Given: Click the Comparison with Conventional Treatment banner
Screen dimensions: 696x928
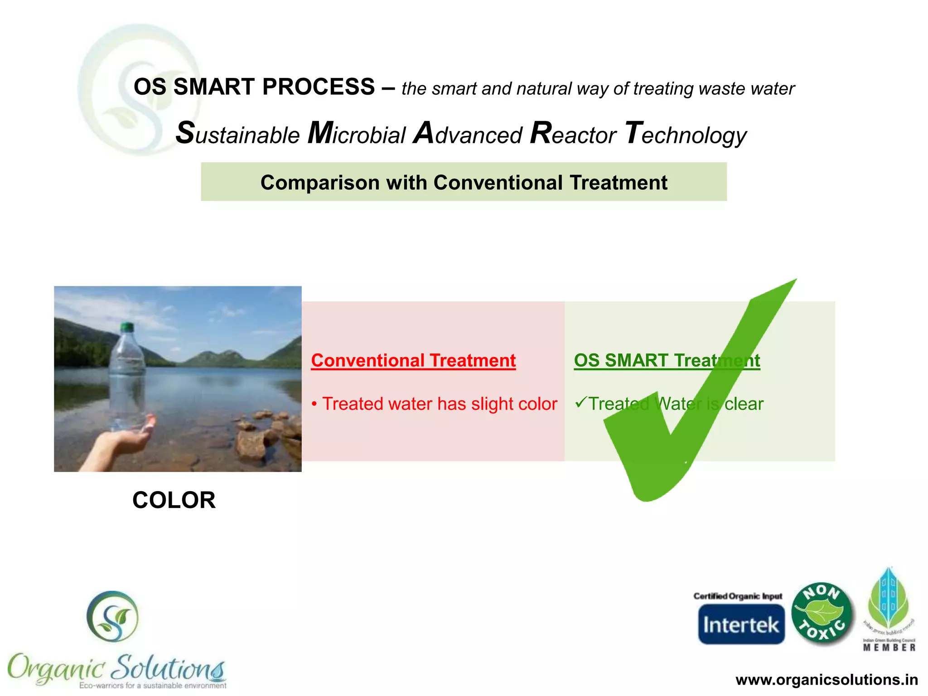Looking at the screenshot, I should click(x=464, y=182).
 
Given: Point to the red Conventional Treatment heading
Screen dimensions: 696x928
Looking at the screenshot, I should click(x=413, y=361).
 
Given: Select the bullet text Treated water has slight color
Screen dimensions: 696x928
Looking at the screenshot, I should click(x=439, y=404).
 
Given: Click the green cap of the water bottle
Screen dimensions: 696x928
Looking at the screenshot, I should click(x=127, y=326).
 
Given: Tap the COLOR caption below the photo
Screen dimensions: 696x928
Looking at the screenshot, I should click(x=174, y=500).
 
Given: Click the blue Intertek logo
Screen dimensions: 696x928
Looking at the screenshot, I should click(x=741, y=625).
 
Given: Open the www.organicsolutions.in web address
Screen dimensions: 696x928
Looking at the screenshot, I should click(x=826, y=680).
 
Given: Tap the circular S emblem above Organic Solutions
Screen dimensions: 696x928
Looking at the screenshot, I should click(x=112, y=616).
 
